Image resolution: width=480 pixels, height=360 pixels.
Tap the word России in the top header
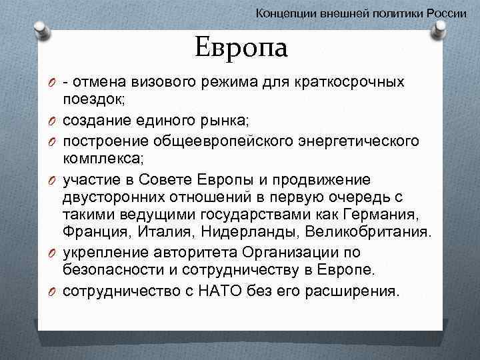click(447, 13)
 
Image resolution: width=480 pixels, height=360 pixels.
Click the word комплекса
click(106, 159)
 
